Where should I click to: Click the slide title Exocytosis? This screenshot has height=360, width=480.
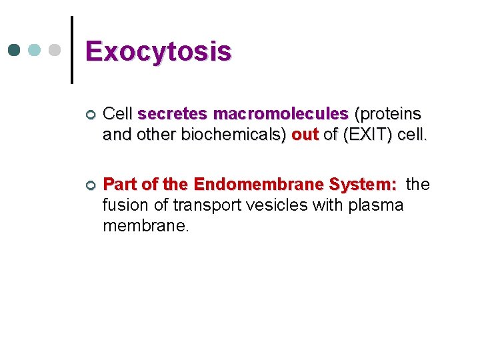[159, 51]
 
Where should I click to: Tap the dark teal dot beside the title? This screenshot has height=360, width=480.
[15, 50]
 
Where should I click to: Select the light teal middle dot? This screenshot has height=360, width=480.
[35, 50]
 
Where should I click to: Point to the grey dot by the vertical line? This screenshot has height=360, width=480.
[55, 50]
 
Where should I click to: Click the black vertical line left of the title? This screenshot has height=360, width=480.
[72, 50]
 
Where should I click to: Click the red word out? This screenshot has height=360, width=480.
[305, 135]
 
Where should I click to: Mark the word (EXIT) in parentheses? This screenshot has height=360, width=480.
[366, 135]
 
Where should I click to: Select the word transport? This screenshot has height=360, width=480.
[203, 204]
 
